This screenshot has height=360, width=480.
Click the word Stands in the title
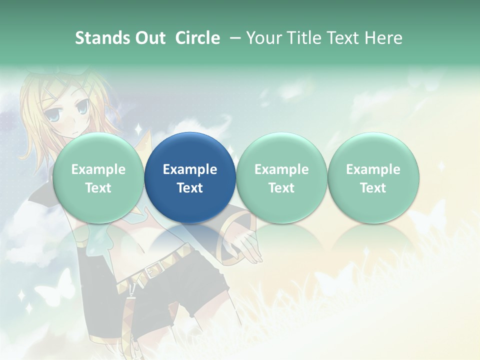coord(101,38)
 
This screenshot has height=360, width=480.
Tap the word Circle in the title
coord(197,38)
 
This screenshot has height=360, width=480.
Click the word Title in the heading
coord(306,38)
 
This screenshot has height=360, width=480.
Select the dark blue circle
coord(190,177)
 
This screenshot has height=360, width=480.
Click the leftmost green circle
coord(98,177)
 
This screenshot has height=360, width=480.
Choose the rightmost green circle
coord(373,177)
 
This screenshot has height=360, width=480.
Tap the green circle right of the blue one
coord(281,177)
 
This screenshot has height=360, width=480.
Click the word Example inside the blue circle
coord(190,169)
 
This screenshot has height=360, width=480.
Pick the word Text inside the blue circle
coord(190,188)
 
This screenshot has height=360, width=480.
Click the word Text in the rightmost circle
coord(373,188)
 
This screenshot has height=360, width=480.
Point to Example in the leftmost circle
coord(98,169)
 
